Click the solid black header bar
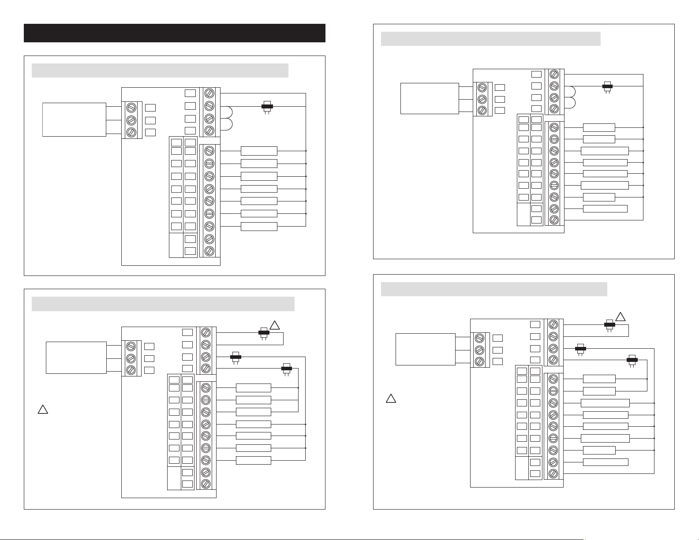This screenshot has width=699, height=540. pyautogui.click(x=174, y=33)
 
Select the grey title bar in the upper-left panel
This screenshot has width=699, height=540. pyautogui.click(x=160, y=71)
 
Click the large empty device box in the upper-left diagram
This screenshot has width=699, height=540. pyautogui.click(x=74, y=119)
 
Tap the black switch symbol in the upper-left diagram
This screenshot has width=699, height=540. pyautogui.click(x=266, y=106)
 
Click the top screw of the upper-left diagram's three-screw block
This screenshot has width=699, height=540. pyautogui.click(x=131, y=108)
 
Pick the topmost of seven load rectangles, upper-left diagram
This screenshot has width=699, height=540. pyautogui.click(x=259, y=151)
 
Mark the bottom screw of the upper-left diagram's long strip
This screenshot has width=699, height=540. pyautogui.click(x=210, y=251)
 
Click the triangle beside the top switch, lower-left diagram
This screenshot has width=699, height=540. pyautogui.click(x=275, y=325)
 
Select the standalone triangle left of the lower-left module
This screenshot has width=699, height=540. pyautogui.click(x=42, y=410)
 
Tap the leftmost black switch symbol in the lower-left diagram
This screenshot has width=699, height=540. pyautogui.click(x=236, y=356)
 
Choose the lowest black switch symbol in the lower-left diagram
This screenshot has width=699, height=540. pyautogui.click(x=287, y=368)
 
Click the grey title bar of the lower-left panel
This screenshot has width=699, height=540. pyautogui.click(x=163, y=304)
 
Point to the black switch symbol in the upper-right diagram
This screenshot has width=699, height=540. pyautogui.click(x=607, y=86)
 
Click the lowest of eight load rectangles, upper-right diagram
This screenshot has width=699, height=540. pyautogui.click(x=605, y=209)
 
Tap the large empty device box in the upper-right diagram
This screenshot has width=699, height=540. pyautogui.click(x=430, y=98)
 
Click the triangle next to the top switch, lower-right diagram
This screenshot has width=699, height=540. pyautogui.click(x=621, y=317)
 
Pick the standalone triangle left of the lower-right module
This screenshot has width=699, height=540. pyautogui.click(x=390, y=398)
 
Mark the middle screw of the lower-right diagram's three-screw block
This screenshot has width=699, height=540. pyautogui.click(x=480, y=350)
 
